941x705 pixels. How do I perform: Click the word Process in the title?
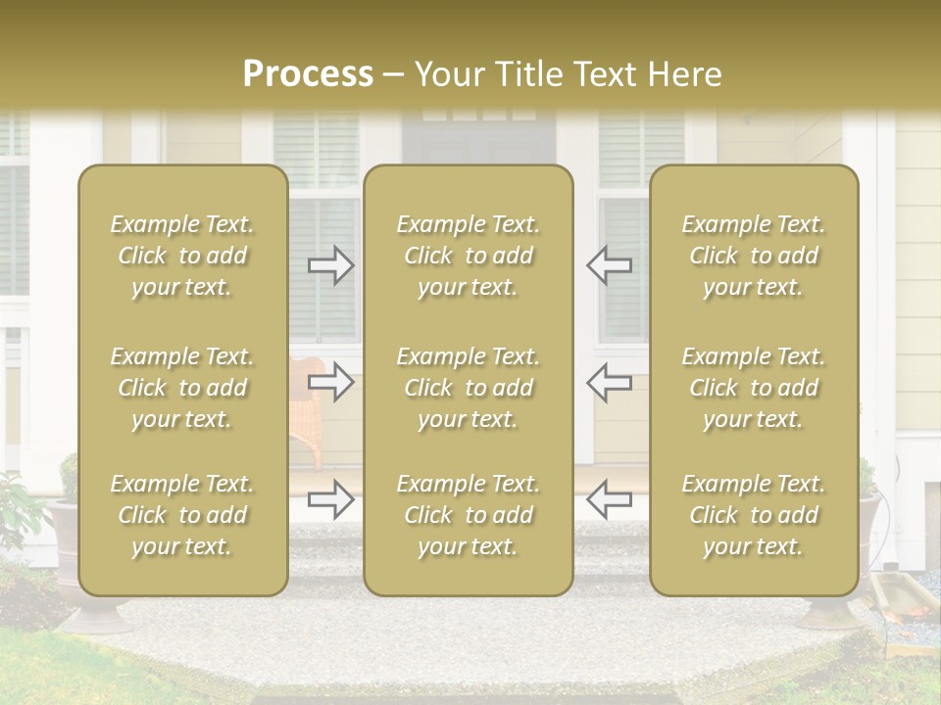(308, 74)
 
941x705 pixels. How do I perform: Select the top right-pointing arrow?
(331, 264)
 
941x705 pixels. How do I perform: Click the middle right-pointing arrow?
(331, 382)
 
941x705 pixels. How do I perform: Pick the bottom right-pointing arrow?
(331, 499)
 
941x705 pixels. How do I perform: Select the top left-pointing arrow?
(609, 264)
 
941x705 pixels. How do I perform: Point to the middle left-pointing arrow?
(609, 382)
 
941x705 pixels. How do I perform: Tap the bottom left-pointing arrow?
(609, 499)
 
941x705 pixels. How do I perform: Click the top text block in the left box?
(182, 256)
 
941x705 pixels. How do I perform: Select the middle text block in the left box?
(182, 388)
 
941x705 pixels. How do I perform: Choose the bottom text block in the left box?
(182, 515)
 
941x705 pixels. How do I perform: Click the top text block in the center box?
(468, 256)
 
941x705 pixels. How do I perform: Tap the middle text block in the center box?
(468, 388)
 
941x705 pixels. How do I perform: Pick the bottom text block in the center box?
(468, 515)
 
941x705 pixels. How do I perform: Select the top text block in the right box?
(753, 256)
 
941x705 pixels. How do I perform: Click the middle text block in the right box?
(753, 388)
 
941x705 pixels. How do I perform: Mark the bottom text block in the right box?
(753, 515)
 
